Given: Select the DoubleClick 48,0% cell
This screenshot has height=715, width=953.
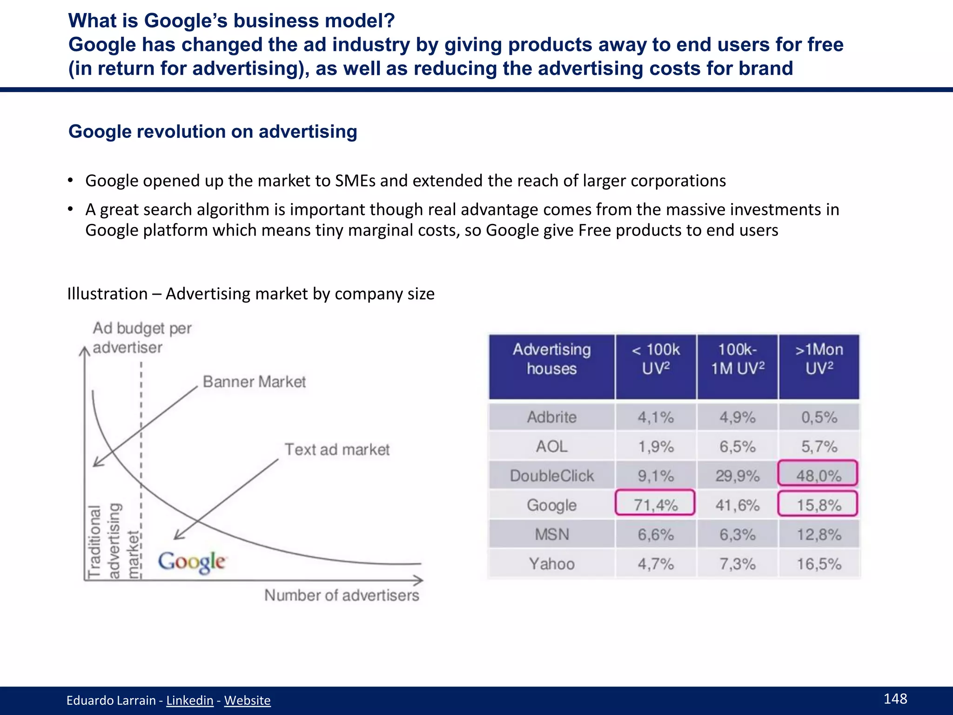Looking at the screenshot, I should coord(818,474).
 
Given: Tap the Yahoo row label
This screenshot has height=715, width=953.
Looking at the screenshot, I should coord(551,564).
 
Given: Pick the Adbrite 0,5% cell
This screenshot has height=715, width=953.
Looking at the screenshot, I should coord(819,417).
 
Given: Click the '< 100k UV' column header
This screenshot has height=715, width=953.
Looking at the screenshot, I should coord(656,359).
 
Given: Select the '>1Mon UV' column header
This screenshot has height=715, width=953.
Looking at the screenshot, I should coord(819,359).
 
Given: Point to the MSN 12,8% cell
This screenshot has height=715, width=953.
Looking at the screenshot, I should coord(819,534).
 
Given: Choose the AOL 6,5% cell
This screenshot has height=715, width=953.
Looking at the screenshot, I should coord(737,446).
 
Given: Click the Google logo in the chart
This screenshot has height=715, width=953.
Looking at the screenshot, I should coord(192,562).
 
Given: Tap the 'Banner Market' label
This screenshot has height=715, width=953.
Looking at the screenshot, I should coord(254,382).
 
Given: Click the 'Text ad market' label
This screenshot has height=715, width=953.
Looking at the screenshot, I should coord(337,449).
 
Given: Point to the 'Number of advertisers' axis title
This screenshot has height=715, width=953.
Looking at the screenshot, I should coord(342,595).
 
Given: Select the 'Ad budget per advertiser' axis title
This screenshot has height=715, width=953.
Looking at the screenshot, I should coord(141,337).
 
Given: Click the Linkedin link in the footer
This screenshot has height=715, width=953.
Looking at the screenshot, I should coord(189,700).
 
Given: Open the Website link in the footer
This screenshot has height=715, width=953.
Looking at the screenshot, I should coord(247,700).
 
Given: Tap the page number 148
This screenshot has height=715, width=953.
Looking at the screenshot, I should coord(895,698).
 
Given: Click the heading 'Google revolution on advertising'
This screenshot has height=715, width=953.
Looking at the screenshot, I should coord(213,131).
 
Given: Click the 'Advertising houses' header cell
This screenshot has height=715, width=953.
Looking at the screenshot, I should coord(551,359).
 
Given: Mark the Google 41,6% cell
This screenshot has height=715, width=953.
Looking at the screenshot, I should coord(737,505).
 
